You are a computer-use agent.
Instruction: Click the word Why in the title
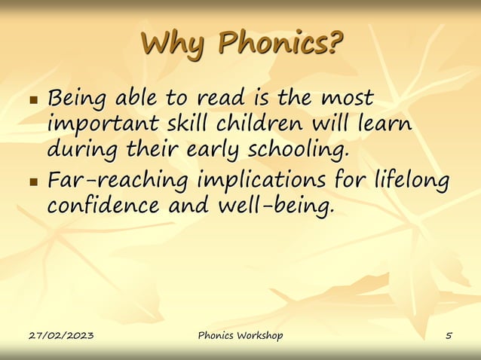(174, 43)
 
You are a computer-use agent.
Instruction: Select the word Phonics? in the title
(280, 43)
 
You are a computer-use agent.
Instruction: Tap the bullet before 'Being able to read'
(32, 100)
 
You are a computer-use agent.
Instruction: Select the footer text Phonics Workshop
(240, 335)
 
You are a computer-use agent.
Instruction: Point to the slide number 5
(449, 335)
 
